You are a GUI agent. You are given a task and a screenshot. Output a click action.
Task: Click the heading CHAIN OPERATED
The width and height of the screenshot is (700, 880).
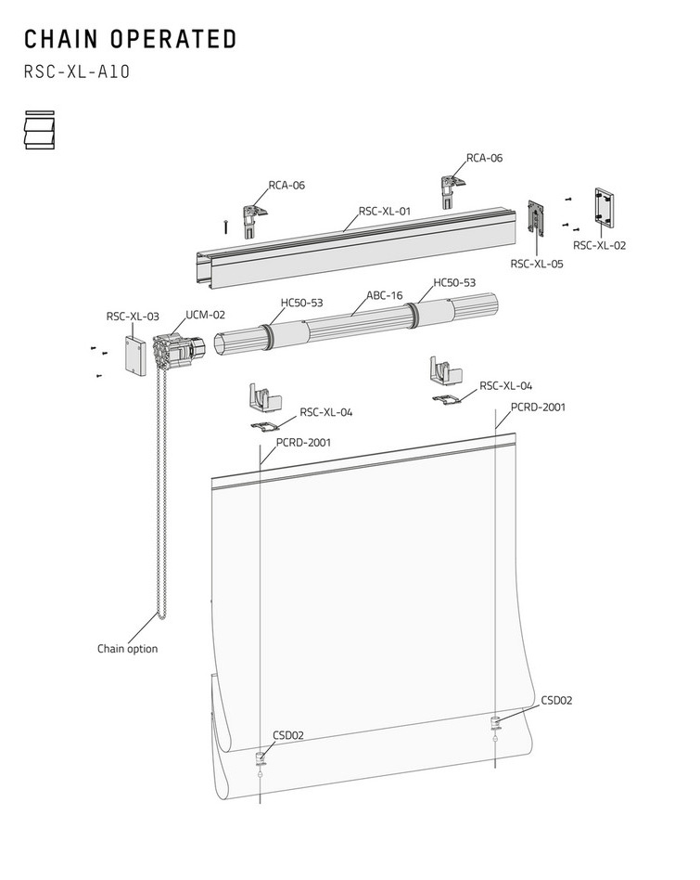click(x=131, y=39)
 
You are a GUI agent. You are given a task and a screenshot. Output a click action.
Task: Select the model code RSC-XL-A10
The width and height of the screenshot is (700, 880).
click(x=77, y=71)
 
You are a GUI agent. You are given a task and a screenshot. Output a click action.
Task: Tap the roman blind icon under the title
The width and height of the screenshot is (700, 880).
click(x=40, y=130)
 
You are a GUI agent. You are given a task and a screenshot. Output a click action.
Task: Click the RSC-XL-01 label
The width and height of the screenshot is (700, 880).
click(x=385, y=211)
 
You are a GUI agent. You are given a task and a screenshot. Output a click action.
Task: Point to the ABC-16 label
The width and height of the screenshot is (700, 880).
click(x=385, y=295)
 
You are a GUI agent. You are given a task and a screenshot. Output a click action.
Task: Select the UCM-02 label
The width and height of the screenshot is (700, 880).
click(x=205, y=315)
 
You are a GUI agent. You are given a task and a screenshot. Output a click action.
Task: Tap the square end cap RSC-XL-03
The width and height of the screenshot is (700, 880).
click(x=135, y=356)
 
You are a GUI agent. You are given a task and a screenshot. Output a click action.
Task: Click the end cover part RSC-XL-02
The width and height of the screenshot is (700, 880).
click(x=604, y=208)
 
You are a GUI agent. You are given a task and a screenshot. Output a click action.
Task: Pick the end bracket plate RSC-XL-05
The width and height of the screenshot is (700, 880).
click(x=536, y=218)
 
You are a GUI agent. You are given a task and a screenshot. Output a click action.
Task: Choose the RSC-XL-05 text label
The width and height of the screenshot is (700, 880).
click(x=536, y=264)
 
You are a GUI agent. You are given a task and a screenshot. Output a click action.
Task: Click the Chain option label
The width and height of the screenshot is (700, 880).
click(x=127, y=649)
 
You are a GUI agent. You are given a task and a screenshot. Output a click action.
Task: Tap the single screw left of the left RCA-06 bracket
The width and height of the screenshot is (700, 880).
click(x=225, y=226)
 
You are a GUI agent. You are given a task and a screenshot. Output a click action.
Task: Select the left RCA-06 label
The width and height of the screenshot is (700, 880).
click(x=286, y=186)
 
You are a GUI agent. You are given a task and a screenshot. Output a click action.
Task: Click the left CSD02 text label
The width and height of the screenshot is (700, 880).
click(x=288, y=735)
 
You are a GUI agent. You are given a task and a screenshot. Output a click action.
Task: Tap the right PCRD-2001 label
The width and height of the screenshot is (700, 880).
click(x=538, y=407)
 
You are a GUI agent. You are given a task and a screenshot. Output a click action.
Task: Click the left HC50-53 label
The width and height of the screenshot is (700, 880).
click(x=301, y=303)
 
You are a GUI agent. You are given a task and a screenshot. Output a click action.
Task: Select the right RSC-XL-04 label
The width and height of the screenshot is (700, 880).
click(x=505, y=385)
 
